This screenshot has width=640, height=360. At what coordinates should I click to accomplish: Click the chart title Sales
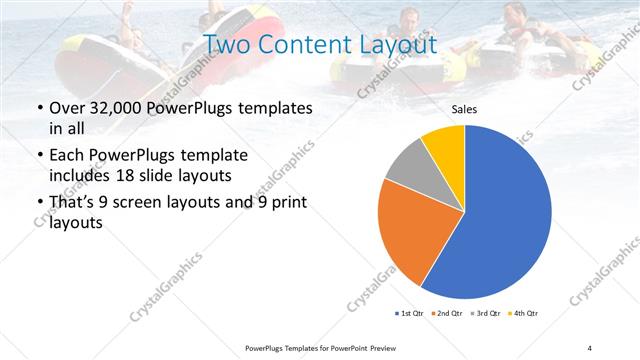pyautogui.click(x=464, y=109)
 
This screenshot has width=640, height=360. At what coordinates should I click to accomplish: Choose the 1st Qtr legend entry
pyautogui.click(x=410, y=314)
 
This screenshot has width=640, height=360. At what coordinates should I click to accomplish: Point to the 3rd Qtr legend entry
pyautogui.click(x=486, y=314)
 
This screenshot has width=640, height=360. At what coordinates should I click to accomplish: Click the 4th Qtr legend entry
pyautogui.click(x=523, y=314)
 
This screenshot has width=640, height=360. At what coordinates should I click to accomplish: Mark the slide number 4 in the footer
pyautogui.click(x=589, y=347)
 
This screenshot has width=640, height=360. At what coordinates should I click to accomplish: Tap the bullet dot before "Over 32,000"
pyautogui.click(x=39, y=107)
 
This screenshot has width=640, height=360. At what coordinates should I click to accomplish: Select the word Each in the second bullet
pyautogui.click(x=66, y=156)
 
